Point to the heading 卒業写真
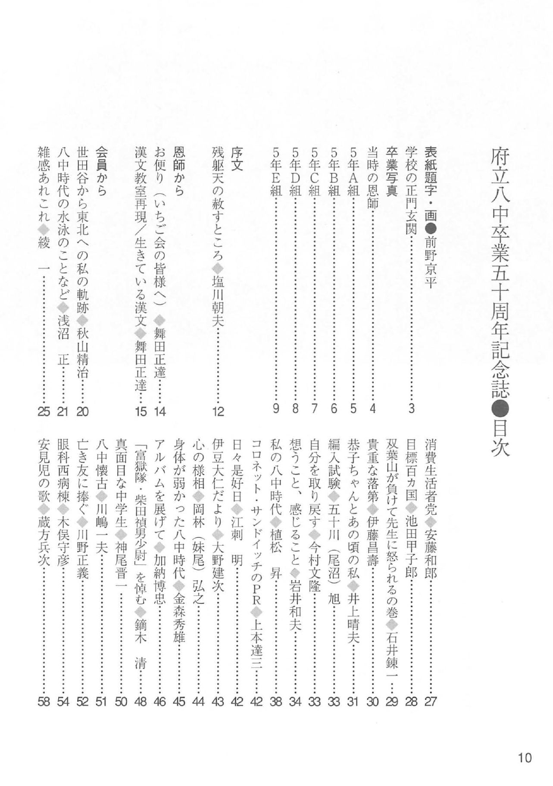click(x=391, y=172)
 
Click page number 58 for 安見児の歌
click(x=44, y=702)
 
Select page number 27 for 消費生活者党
click(x=430, y=702)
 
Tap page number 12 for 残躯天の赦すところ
click(x=218, y=411)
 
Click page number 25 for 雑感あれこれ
click(x=44, y=411)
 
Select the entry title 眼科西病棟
click(x=63, y=465)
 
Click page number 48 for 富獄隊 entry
click(x=141, y=702)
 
